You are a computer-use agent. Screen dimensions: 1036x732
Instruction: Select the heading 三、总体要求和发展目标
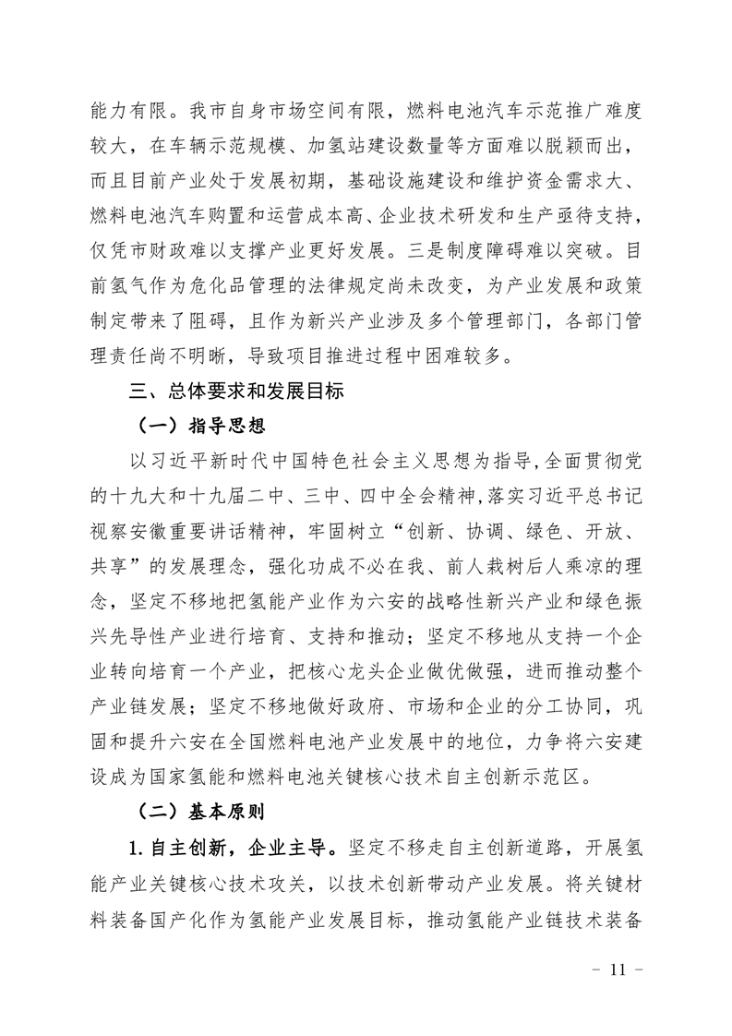tap(236, 392)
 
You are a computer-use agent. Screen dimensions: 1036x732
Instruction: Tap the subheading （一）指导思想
tap(193, 426)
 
